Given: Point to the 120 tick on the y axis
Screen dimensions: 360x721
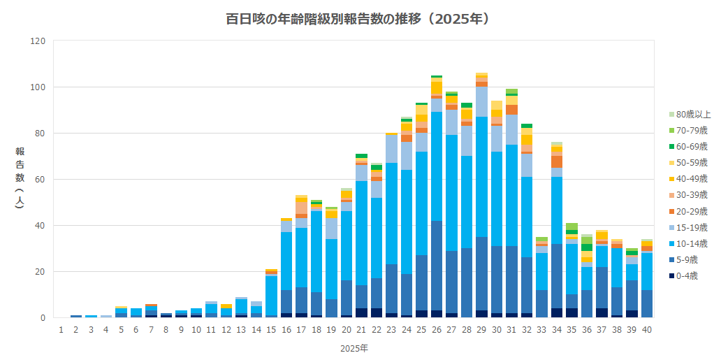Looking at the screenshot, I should pos(39,41).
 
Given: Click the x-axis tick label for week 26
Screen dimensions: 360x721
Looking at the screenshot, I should pos(437,330).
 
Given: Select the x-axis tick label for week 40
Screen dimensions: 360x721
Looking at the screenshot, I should pos(647,330).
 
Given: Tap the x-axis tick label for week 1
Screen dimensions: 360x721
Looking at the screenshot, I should pos(61,330).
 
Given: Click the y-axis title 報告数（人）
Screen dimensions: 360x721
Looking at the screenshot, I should pos(20,179).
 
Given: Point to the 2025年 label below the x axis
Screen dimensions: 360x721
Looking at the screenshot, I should pos(354,347).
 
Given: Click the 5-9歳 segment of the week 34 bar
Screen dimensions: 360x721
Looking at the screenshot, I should pos(557,276).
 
